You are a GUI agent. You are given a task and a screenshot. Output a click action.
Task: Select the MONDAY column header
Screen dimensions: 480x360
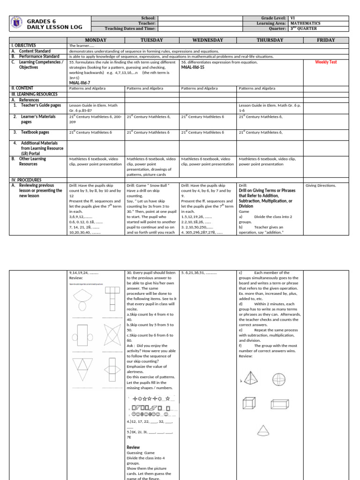click(x=96, y=40)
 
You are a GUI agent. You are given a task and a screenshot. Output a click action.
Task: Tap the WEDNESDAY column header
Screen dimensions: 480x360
click(x=208, y=40)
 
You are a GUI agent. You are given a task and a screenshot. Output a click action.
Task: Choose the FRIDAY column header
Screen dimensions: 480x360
click(x=326, y=40)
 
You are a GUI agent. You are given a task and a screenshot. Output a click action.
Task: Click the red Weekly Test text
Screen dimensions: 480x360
click(x=326, y=62)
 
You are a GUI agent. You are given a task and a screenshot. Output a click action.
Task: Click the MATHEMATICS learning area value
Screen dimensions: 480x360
click(x=305, y=23)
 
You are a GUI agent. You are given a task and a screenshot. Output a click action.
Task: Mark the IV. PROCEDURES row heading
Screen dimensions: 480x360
click(x=26, y=180)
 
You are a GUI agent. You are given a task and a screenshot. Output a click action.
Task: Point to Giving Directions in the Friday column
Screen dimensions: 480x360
click(x=321, y=185)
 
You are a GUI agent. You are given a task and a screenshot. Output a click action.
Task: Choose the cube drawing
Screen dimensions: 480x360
click(x=248, y=403)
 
